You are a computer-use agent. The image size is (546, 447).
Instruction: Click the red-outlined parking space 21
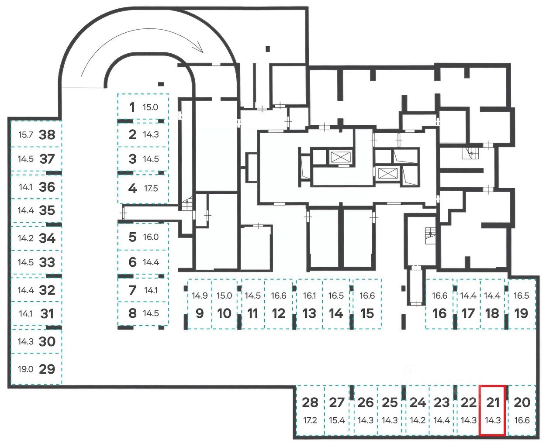coord(492,410)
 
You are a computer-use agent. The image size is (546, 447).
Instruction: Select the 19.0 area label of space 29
coord(25,369)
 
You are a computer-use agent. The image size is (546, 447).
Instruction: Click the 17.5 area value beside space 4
coord(151,189)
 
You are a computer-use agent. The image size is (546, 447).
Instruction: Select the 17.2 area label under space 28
coord(310,420)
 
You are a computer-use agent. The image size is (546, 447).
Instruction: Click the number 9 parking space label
coord(200,313)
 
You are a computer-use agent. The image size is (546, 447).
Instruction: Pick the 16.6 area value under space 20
coord(522,420)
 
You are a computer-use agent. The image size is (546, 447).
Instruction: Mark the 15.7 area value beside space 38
coord(25,134)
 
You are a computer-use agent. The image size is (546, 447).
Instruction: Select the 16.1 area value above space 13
coord(309,296)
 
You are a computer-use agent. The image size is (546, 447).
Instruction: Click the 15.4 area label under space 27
coord(337,420)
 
